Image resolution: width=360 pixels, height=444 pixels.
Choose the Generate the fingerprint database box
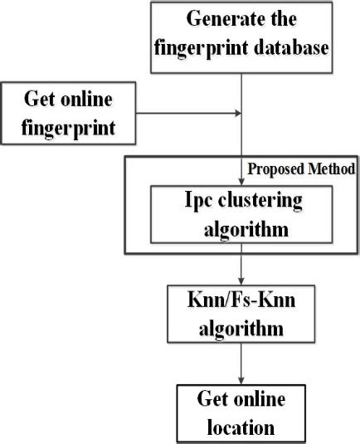pos(241,33)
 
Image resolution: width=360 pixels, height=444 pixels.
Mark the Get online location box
pos(241,412)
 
